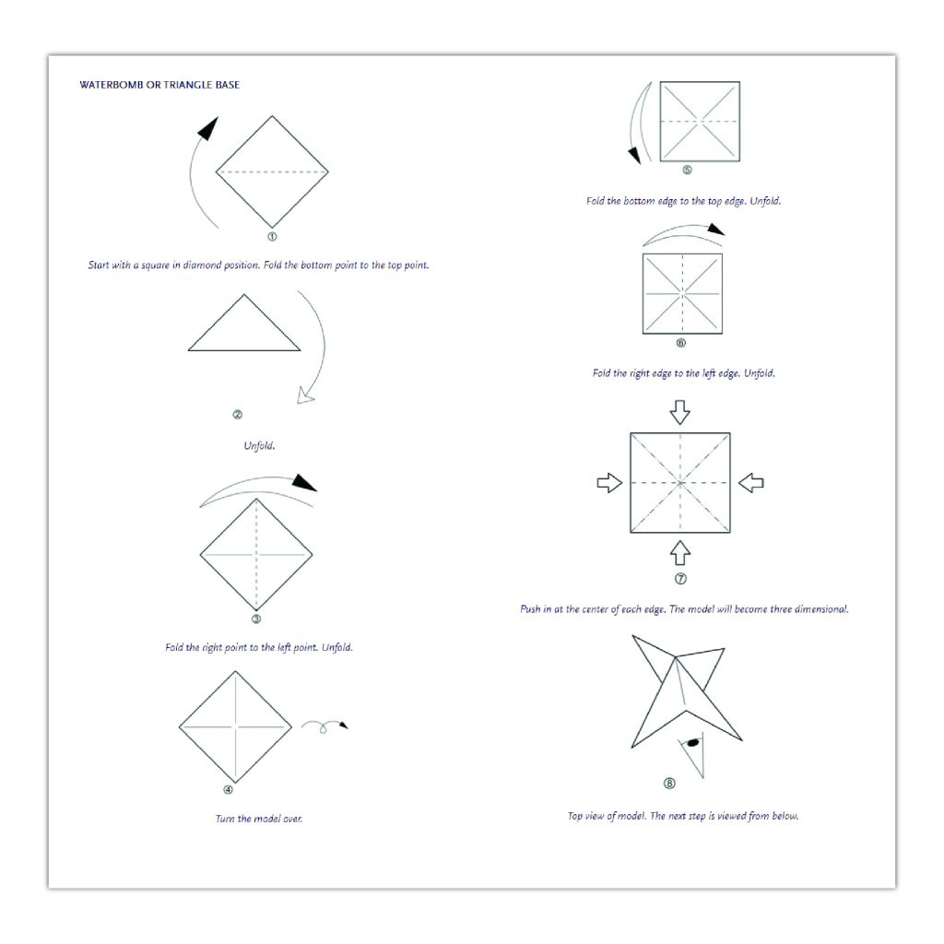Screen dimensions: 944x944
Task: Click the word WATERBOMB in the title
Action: click(112, 85)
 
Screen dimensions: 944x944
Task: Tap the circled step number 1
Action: click(272, 237)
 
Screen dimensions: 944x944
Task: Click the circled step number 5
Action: click(687, 170)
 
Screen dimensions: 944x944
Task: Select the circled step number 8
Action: click(669, 784)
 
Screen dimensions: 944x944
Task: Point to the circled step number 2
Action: click(237, 414)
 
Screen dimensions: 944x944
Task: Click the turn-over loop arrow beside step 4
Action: click(324, 726)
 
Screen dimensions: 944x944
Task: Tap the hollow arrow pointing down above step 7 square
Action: click(679, 412)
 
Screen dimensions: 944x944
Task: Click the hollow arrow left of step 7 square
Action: click(609, 482)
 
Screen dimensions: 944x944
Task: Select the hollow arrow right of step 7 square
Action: click(750, 482)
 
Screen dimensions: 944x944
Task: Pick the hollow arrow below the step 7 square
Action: click(679, 553)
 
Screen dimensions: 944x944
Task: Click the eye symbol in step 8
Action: click(693, 743)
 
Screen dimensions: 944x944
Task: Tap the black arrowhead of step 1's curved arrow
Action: click(207, 128)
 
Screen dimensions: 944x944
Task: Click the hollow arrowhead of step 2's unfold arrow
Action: click(306, 395)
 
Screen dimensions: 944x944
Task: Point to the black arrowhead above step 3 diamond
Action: click(304, 483)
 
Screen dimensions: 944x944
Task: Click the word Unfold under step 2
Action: click(259, 445)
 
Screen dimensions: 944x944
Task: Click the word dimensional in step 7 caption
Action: click(821, 608)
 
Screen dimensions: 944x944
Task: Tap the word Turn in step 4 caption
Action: click(225, 819)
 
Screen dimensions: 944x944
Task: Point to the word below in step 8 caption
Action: click(785, 816)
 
